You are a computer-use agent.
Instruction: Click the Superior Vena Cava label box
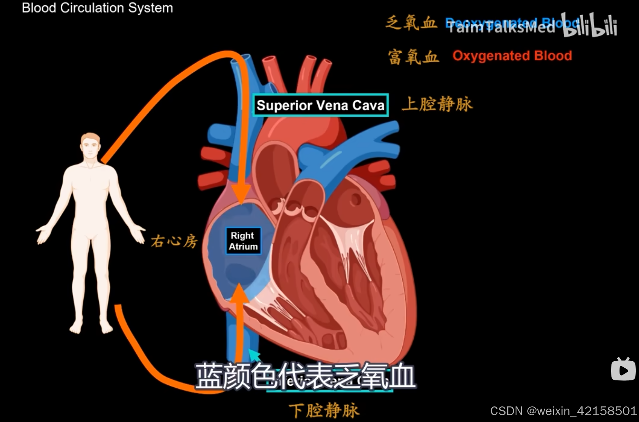(x=321, y=105)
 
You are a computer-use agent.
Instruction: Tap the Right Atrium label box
(x=243, y=241)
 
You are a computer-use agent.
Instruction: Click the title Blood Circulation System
(x=97, y=8)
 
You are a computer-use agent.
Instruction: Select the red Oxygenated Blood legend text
(x=512, y=56)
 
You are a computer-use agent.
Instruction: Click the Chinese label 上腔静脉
(x=437, y=104)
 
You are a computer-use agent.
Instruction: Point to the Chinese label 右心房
(x=174, y=241)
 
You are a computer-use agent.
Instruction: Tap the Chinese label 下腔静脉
(x=324, y=411)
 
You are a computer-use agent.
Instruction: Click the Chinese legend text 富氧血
(x=413, y=57)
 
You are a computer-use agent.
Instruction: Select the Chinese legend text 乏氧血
(x=412, y=23)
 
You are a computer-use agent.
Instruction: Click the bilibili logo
(x=590, y=25)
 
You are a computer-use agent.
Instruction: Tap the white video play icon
(x=623, y=369)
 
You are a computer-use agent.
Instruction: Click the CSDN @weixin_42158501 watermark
(x=563, y=411)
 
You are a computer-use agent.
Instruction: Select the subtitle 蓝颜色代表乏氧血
(x=305, y=376)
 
